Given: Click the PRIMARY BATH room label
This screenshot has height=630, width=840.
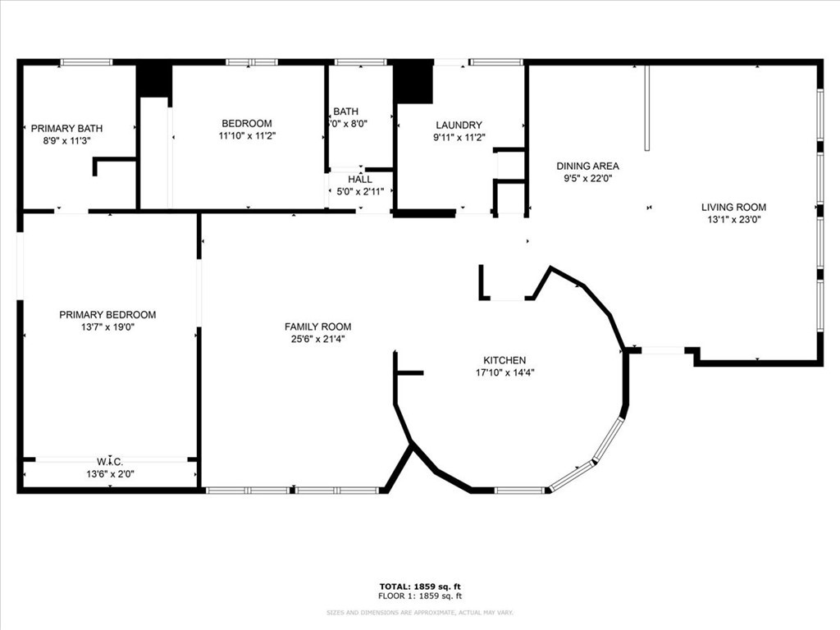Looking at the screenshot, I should point(66,128).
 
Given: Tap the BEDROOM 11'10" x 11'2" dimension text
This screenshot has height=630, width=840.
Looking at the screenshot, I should point(247,136).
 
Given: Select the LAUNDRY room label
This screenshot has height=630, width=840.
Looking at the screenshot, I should point(459,126).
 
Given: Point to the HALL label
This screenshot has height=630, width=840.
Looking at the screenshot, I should point(359,179).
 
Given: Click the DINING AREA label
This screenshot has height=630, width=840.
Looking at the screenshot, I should point(587,166).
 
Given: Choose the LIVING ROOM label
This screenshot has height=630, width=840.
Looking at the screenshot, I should point(733,208).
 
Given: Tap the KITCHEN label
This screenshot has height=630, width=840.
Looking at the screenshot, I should point(504,360).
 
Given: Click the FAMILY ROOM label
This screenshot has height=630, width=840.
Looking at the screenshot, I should point(317,326).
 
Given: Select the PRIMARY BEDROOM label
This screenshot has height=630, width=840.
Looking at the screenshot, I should point(107,314).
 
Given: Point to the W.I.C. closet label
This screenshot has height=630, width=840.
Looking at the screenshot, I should point(109,461).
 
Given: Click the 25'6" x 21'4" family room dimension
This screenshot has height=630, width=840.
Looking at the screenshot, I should point(317,339).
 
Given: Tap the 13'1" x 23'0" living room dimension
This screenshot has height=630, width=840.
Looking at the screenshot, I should point(733,220).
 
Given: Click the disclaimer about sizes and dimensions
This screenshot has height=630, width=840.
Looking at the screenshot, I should point(419,613).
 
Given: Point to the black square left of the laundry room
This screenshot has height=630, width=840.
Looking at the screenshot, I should point(413,84).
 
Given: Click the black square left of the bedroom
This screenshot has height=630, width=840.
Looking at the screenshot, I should point(153,80).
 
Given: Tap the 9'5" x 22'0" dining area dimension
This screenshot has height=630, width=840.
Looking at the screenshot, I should point(587,178).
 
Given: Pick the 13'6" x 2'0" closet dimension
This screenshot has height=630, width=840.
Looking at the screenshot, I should point(109,473).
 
